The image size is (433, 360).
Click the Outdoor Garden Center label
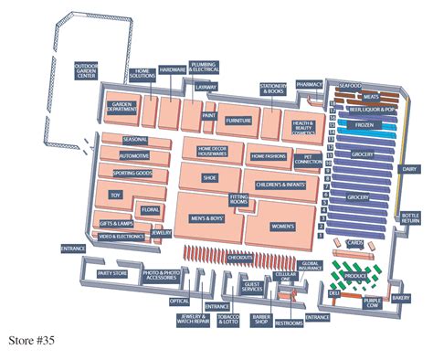point(87,70)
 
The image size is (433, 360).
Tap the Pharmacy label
point(310,83)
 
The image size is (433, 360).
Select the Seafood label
point(352,84)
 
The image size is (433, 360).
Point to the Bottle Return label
point(410,217)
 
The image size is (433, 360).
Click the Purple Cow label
point(372,303)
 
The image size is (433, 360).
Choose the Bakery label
point(401,298)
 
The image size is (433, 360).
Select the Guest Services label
point(253,289)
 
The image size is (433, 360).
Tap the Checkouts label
point(239,259)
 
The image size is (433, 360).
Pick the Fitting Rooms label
point(238,199)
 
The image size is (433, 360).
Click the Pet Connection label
point(304,159)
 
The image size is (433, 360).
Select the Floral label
point(150,210)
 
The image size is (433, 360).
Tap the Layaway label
point(206,88)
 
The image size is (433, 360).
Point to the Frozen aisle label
point(364,124)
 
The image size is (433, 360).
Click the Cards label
point(354,243)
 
